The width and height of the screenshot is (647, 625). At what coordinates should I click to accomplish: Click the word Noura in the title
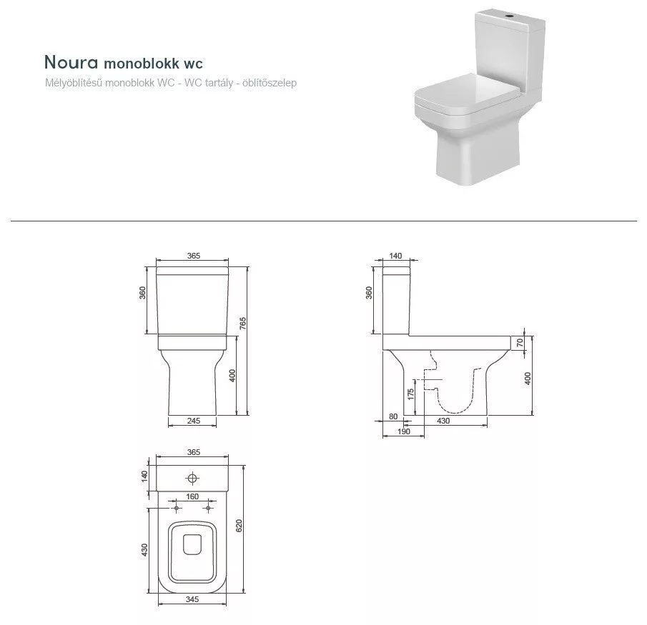click(71, 62)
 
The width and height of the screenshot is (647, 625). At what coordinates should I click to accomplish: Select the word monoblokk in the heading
click(142, 64)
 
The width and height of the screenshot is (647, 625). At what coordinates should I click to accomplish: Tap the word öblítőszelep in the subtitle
click(270, 83)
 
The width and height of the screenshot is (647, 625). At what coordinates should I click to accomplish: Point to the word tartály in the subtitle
click(219, 83)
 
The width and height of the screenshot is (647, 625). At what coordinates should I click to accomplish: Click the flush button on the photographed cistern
click(510, 17)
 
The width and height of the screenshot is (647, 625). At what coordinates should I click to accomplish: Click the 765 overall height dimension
click(243, 323)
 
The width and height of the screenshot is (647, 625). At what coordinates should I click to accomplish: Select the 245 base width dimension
click(193, 421)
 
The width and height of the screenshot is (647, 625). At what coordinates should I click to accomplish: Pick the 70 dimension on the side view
click(520, 342)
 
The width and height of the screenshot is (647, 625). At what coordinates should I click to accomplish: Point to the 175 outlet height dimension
click(410, 394)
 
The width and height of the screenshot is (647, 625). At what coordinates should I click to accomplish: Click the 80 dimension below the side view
click(393, 416)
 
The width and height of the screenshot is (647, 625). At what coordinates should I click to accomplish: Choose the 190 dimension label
click(403, 431)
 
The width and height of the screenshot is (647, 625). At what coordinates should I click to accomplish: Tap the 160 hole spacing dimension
click(192, 496)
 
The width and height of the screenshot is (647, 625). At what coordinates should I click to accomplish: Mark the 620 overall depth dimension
click(239, 525)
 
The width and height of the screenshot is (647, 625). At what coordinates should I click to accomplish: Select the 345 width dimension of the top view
click(192, 599)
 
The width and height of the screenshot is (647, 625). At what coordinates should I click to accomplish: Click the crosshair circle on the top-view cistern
click(192, 479)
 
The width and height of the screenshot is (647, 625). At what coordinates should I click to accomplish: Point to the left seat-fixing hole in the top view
click(177, 509)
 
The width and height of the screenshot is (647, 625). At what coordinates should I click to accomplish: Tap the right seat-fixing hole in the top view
click(208, 509)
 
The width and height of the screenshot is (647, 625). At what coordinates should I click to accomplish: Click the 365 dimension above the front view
click(193, 256)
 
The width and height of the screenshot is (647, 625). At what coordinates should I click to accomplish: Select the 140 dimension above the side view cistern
click(395, 256)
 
